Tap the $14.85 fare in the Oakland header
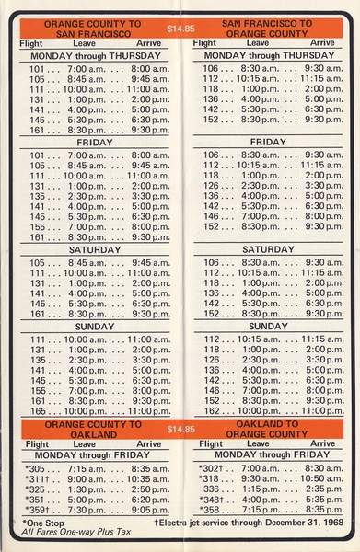182,430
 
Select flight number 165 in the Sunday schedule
38,411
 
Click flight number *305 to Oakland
37,468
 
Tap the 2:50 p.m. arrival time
151,490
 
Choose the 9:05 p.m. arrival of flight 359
151,512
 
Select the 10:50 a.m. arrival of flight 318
321,479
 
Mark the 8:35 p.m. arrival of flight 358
324,511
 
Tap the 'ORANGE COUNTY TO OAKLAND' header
91,430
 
